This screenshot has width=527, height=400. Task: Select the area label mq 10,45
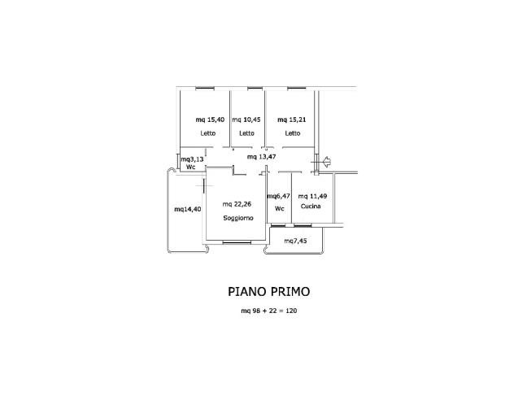coord(246,120)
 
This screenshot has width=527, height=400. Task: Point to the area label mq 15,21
coord(292,120)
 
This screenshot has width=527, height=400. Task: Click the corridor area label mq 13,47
coord(263,156)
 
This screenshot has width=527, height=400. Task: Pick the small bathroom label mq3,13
coord(191,159)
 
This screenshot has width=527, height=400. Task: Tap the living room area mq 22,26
coord(237,204)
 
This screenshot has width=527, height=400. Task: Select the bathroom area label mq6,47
coord(279,196)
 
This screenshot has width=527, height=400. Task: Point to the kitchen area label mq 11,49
coord(313,196)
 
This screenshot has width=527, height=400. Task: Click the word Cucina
coord(311,208)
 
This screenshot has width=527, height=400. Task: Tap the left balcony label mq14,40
coord(187,209)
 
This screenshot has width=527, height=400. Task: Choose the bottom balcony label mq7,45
coord(295,241)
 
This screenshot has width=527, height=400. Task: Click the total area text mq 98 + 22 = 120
coord(268,311)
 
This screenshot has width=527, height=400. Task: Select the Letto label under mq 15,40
coord(207,133)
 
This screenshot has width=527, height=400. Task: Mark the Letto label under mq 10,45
coord(246,133)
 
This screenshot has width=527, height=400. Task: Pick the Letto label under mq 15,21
coord(293,133)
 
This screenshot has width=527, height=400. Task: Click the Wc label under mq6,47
coord(279,208)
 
